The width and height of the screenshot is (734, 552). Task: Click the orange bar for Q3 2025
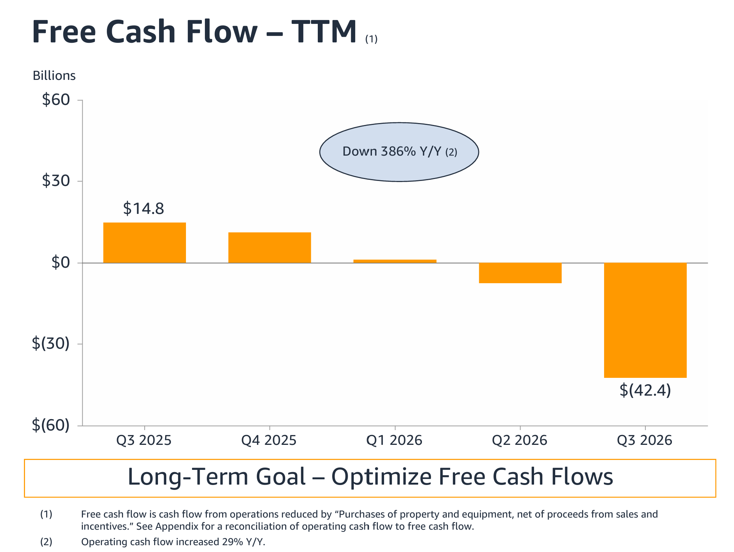tap(145, 243)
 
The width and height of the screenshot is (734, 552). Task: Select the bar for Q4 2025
tap(270, 248)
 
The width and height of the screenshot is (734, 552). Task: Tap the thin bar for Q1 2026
tap(395, 261)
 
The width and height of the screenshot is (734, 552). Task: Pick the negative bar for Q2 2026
tap(520, 273)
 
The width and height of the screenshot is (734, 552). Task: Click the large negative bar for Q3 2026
tap(645, 320)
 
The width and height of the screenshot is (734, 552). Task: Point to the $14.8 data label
tap(144, 209)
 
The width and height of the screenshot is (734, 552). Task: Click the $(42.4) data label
tap(645, 390)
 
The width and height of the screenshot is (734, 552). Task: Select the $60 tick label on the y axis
tap(56, 100)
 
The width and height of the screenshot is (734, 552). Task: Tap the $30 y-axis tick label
tap(56, 181)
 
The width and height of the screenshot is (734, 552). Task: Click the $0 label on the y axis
tap(61, 262)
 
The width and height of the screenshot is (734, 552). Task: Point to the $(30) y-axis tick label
tap(51, 343)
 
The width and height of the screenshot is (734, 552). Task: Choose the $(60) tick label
tap(51, 425)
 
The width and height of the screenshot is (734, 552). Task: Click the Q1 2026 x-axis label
tap(394, 440)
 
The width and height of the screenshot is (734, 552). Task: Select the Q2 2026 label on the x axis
tap(520, 440)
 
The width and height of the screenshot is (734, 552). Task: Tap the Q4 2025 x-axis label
tap(269, 440)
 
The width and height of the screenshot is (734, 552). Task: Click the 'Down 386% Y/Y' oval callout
tap(399, 152)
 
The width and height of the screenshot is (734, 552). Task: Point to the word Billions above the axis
tap(54, 75)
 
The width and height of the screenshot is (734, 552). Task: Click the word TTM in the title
tap(324, 31)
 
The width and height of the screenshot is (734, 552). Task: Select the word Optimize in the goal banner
tap(381, 476)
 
